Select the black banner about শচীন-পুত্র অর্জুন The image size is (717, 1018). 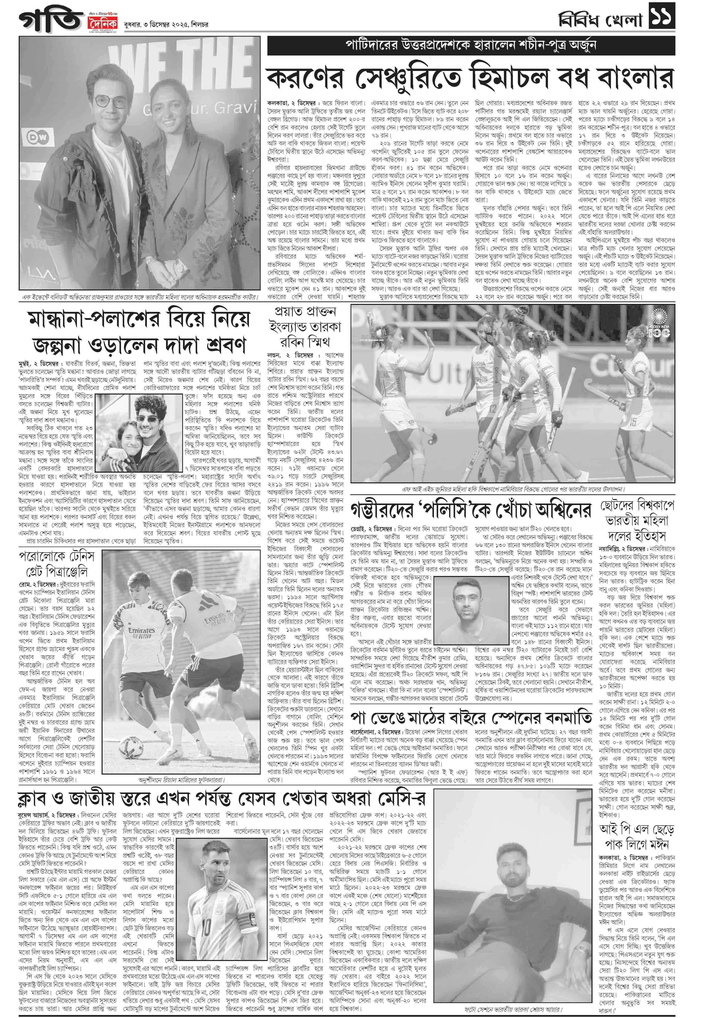point(471,45)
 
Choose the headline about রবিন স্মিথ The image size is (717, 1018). point(305,327)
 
